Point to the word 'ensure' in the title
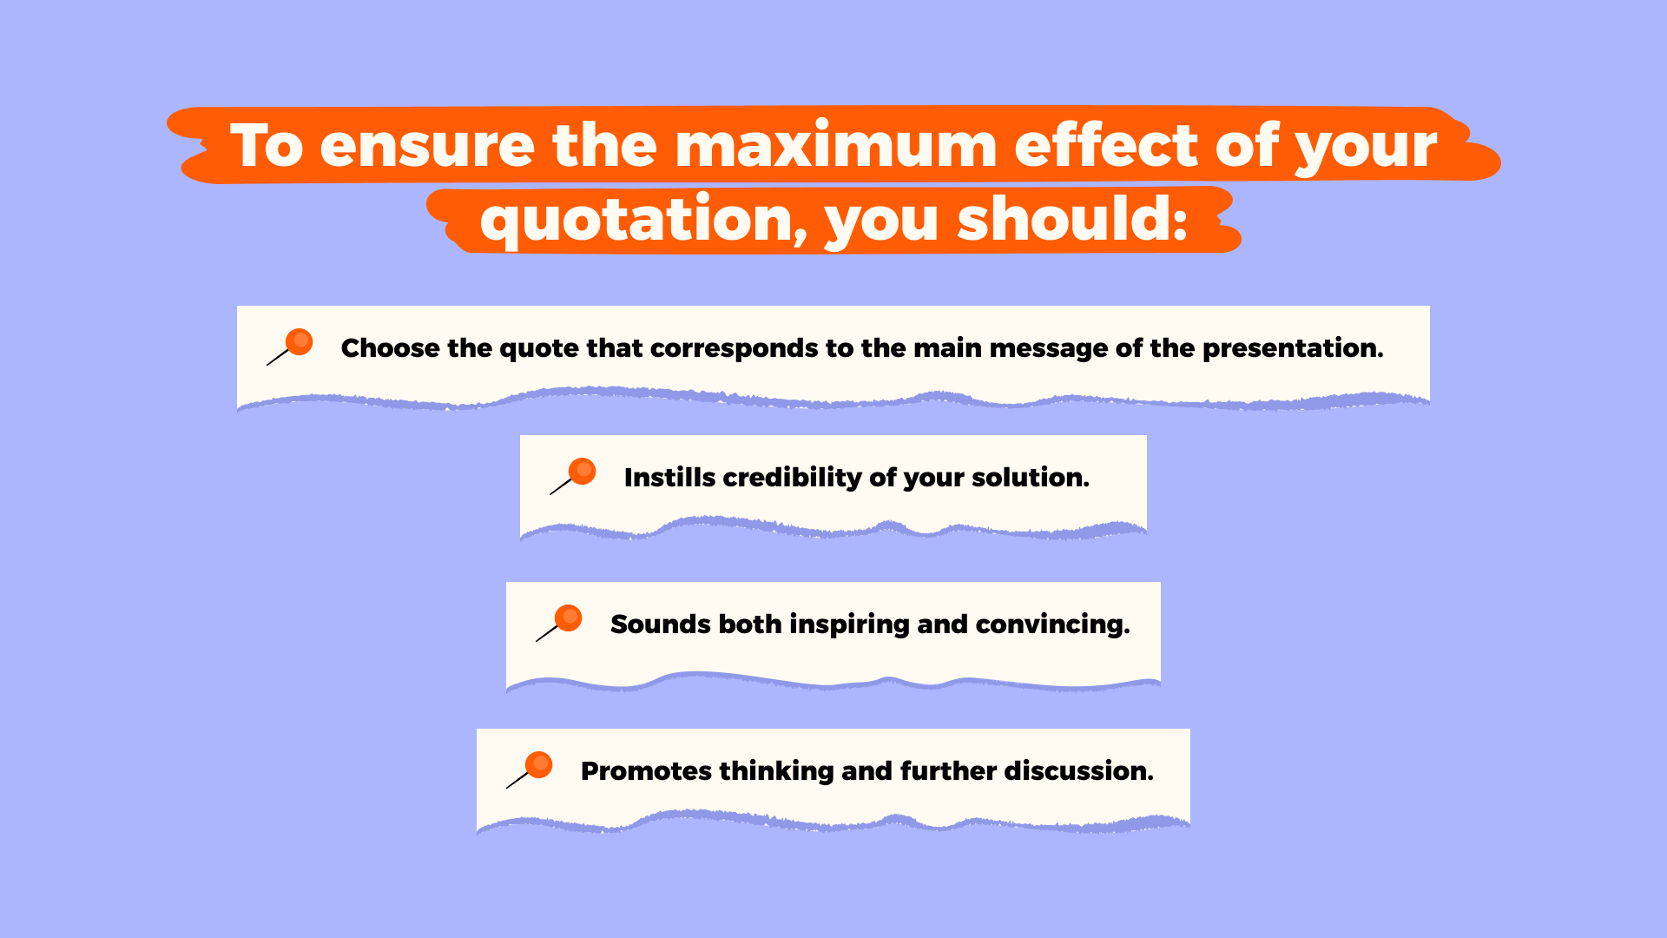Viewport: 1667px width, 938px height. point(427,146)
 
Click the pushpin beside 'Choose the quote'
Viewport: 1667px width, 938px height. point(290,347)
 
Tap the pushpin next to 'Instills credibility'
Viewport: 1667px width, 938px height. point(573,476)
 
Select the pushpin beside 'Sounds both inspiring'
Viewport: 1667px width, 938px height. point(559,623)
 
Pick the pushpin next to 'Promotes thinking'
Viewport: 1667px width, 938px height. point(530,770)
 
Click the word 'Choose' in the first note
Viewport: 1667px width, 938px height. point(390,348)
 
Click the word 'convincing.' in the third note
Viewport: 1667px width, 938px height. point(1053,625)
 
